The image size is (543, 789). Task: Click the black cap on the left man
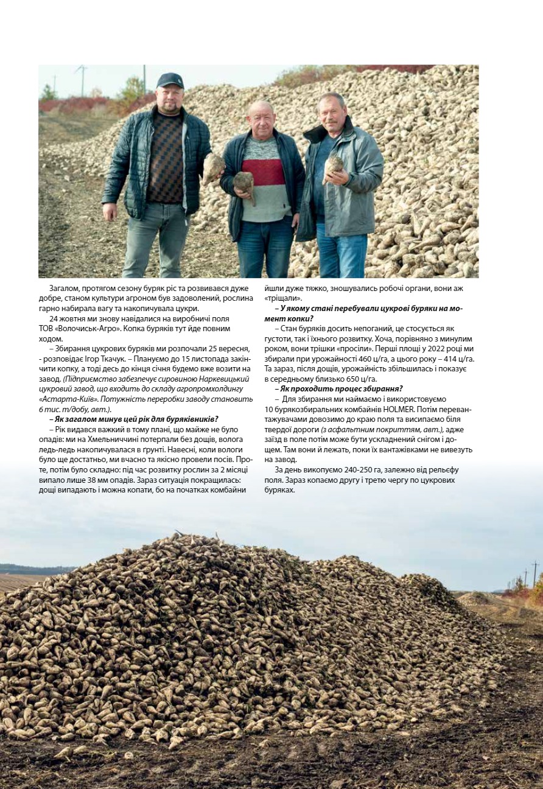coord(170,80)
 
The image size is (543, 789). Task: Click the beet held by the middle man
coord(244,182)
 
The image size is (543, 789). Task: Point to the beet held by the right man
coord(333,166)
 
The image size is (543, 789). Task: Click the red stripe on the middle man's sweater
coord(264,172)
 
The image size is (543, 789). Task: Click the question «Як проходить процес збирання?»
coord(342,389)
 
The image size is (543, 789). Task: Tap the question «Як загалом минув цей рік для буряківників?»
coord(133,419)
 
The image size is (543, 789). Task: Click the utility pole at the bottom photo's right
coord(534,573)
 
